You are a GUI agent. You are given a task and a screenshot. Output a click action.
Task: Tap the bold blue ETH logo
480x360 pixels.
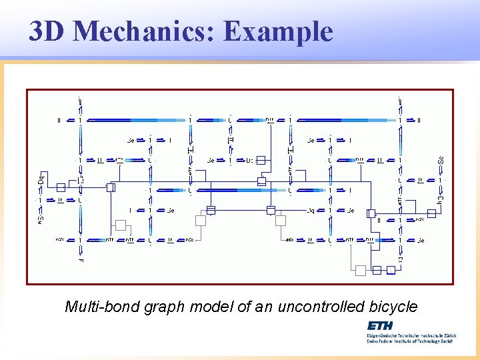click(380, 326)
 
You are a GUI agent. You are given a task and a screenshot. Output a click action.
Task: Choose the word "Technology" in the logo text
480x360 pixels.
click(427, 341)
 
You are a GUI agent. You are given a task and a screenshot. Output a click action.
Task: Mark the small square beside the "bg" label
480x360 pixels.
click(431, 213)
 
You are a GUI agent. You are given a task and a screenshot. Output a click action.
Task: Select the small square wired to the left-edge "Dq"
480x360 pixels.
click(61, 187)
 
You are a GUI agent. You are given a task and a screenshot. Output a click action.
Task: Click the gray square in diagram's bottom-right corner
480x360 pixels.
click(360, 270)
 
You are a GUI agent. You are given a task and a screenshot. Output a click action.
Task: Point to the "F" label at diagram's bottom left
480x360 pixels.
click(80, 260)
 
